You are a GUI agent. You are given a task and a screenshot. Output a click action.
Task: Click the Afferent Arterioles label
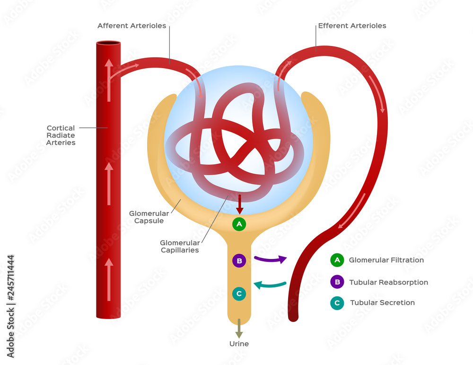click(131, 26)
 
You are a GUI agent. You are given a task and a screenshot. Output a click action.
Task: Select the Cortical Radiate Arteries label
click(61, 135)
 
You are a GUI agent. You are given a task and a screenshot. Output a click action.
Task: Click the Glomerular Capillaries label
click(179, 246)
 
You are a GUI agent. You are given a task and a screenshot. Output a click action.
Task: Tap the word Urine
click(239, 344)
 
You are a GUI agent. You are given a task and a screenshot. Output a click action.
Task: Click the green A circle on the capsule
click(239, 224)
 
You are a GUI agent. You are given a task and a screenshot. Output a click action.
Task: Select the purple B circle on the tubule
click(239, 260)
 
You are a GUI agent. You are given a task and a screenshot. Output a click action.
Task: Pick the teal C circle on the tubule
click(239, 294)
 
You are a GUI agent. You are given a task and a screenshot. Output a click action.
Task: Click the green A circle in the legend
click(337, 260)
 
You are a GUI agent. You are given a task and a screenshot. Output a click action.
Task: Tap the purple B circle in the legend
click(337, 282)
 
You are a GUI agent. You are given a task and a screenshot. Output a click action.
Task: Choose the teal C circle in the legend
click(337, 303)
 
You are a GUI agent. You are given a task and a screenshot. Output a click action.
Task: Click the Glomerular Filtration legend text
click(386, 260)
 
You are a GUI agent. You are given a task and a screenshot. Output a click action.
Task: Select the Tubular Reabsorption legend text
click(388, 282)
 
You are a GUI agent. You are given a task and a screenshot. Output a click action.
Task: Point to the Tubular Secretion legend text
click(382, 303)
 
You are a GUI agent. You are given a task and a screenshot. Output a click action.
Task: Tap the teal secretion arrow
click(270, 285)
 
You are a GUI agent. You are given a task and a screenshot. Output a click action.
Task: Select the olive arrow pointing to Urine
click(239, 328)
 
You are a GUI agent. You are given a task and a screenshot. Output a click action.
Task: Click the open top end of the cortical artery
click(108, 44)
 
